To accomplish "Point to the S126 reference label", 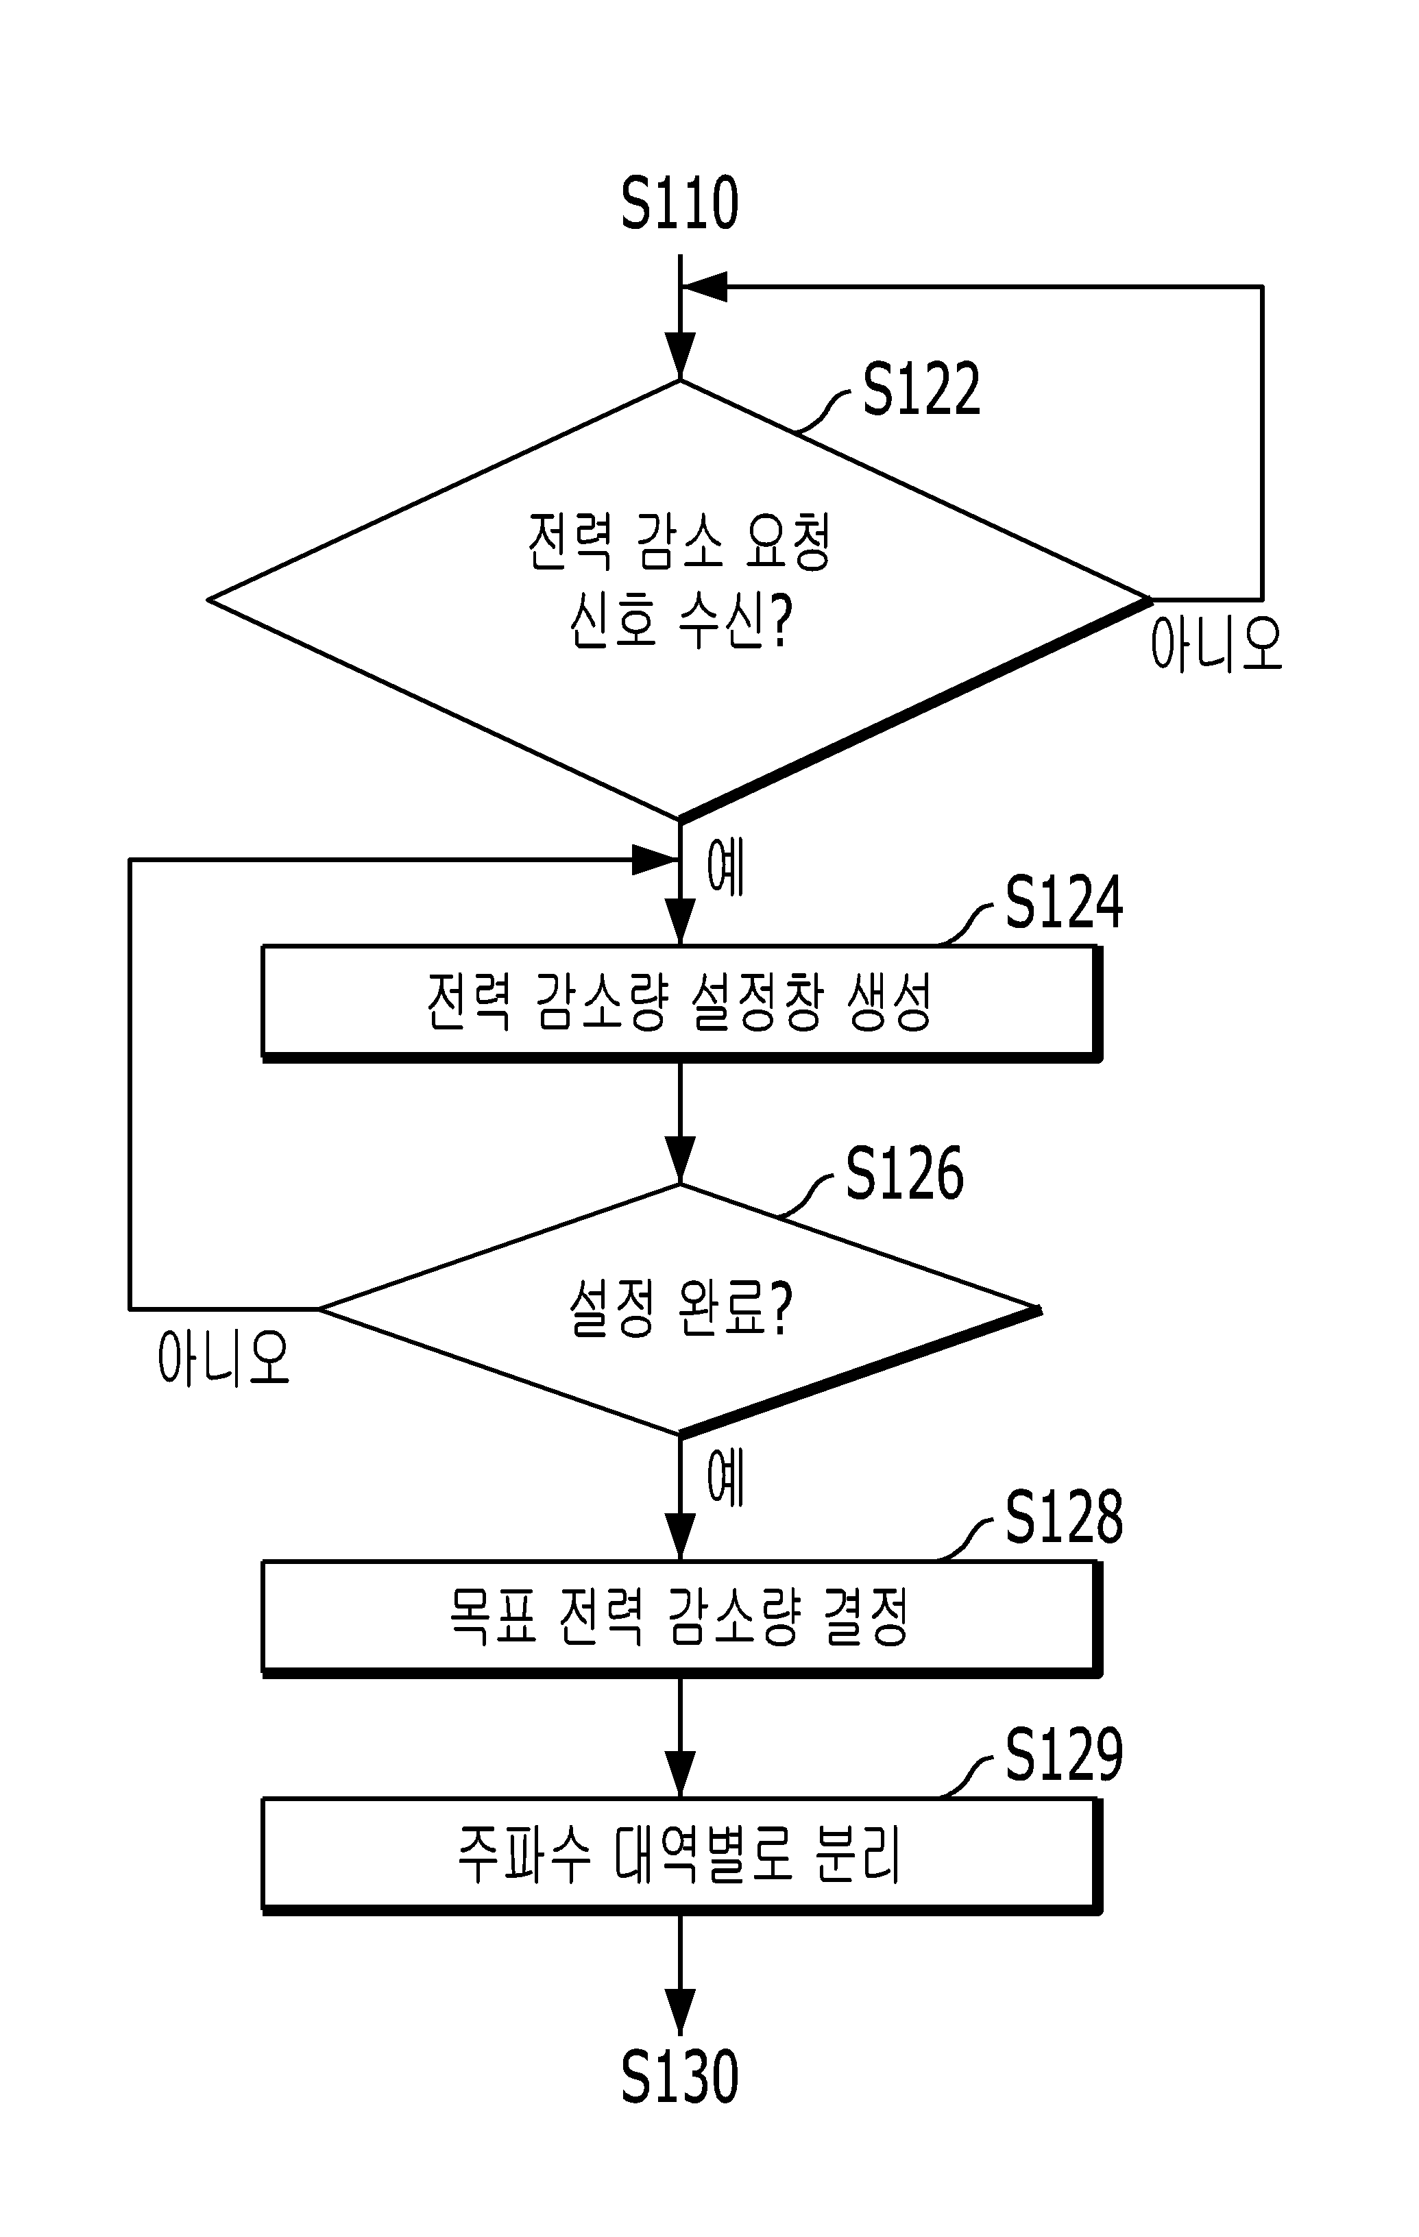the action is pyautogui.click(x=904, y=1173).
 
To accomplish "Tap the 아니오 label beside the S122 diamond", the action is pyautogui.click(x=1216, y=643).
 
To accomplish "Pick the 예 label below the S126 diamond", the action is pyautogui.click(x=726, y=1477).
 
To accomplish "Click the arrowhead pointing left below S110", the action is pyautogui.click(x=703, y=287).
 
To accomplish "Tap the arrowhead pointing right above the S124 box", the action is pyautogui.click(x=656, y=860).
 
